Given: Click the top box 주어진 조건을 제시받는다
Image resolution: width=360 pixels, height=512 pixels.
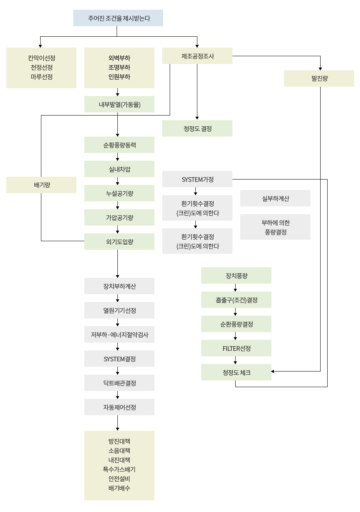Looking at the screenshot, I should click(118, 18).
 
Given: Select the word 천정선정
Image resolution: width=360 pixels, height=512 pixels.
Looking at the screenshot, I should click(41, 68).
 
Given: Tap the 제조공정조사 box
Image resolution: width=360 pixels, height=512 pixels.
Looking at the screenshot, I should click(197, 56).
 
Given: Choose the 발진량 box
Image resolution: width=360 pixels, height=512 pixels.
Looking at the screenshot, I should click(319, 78).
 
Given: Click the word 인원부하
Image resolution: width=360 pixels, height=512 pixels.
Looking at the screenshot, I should click(119, 77).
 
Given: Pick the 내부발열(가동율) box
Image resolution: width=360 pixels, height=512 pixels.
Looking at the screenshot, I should click(119, 104).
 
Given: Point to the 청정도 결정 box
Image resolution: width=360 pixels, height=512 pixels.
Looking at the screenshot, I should click(197, 128).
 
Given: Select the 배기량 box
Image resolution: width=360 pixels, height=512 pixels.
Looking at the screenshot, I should click(41, 185).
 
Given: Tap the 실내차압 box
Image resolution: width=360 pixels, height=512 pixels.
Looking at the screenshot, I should click(119, 169).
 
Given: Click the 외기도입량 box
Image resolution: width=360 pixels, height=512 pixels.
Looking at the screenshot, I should click(119, 242).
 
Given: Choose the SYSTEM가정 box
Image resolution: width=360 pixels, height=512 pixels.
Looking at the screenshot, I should click(197, 180).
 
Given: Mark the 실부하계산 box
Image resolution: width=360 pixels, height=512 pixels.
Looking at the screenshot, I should click(275, 198).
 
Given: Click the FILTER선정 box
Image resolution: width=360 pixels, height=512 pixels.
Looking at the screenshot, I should click(236, 348).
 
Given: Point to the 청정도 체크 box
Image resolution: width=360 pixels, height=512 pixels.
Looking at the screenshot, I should click(236, 372).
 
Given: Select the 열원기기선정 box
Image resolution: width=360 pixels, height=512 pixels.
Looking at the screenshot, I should click(119, 310).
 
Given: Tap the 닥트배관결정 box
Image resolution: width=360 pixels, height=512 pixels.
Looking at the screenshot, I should click(119, 383).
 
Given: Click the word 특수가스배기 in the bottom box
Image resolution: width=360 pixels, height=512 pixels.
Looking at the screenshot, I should click(119, 469).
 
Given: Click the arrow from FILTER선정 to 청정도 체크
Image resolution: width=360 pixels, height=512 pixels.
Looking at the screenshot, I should click(235, 360).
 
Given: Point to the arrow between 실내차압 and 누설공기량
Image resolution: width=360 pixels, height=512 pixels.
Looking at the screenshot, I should click(117, 181).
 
